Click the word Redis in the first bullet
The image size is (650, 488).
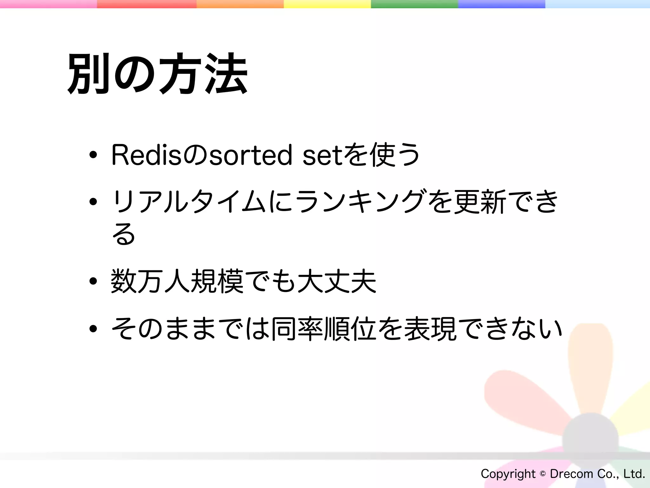146,155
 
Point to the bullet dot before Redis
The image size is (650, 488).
93,155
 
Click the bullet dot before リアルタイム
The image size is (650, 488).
93,201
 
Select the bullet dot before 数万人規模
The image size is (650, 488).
93,281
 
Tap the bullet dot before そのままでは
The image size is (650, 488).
93,329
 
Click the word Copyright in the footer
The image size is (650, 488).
508,474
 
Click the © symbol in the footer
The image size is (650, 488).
543,474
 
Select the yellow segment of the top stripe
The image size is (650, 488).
327,4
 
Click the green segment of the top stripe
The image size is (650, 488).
415,4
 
